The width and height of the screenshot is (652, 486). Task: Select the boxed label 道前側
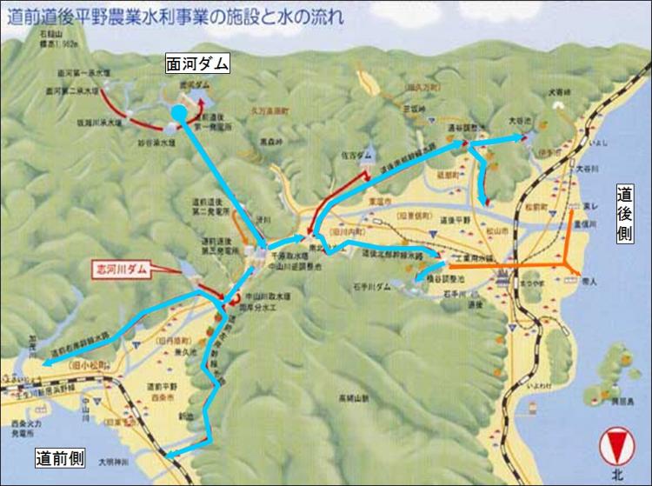point(63,458)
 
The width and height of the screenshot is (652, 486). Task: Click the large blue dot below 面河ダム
point(177,112)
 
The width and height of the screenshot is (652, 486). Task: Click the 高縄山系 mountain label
point(355,398)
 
